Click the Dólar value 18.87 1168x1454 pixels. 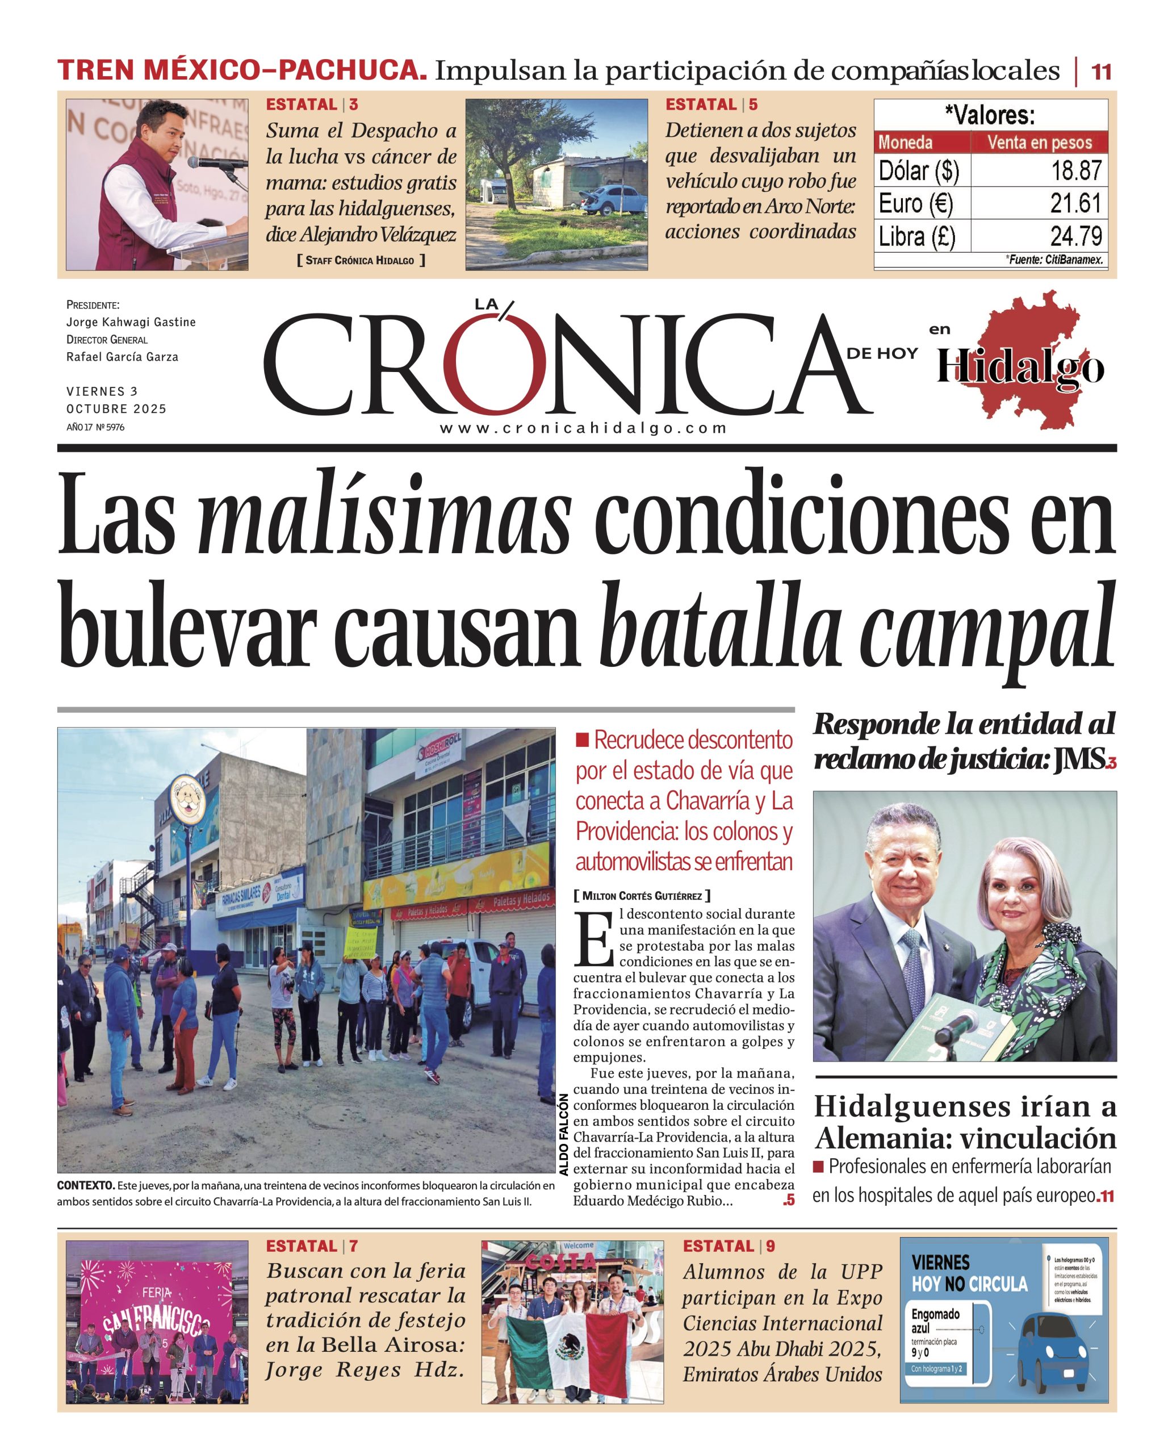click(1076, 170)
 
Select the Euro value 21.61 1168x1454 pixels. click(1075, 202)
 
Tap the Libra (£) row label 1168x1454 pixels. click(916, 236)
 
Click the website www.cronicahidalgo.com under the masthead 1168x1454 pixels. click(583, 428)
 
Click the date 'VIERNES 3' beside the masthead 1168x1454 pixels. click(102, 391)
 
